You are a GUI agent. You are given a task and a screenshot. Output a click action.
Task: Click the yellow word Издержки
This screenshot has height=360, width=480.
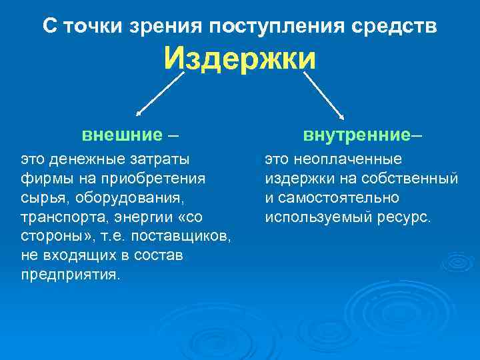click(240, 59)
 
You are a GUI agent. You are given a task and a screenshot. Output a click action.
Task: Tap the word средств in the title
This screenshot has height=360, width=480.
click(399, 27)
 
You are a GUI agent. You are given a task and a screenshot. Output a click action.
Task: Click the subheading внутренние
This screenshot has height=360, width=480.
click(356, 135)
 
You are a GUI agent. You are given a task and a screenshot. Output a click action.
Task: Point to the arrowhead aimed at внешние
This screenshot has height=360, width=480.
click(138, 115)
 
